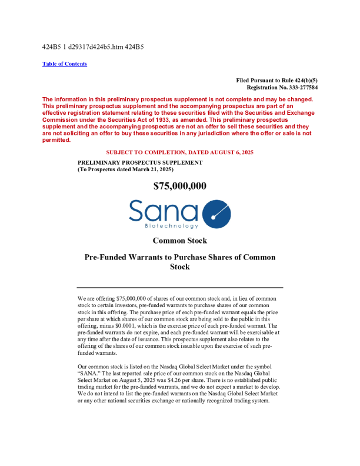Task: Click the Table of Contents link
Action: (x=65, y=64)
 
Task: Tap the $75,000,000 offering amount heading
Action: (x=179, y=186)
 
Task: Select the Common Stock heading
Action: (x=179, y=241)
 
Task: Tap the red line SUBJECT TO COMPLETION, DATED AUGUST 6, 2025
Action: (x=179, y=152)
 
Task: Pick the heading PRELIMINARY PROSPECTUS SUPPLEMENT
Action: (x=140, y=162)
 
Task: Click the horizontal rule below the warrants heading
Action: (x=179, y=287)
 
